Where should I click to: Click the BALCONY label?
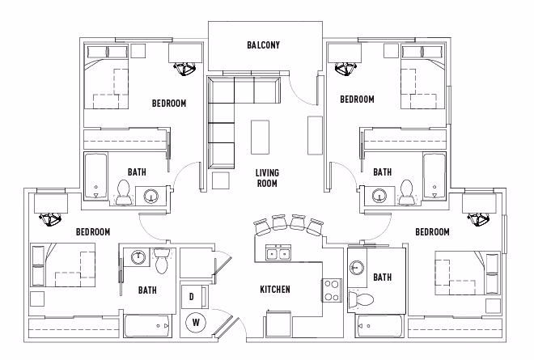(263, 45)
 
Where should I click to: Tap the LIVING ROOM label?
(267, 178)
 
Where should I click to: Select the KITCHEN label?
(275, 290)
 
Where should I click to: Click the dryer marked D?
(192, 297)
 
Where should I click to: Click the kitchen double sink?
(278, 254)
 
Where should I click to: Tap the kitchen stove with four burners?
(332, 290)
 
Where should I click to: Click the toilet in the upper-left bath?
(125, 192)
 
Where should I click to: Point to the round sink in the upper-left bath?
(151, 195)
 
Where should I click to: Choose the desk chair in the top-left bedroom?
(187, 67)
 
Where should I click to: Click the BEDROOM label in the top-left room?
(169, 103)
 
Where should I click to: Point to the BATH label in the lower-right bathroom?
(382, 277)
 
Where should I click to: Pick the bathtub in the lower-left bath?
(148, 327)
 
